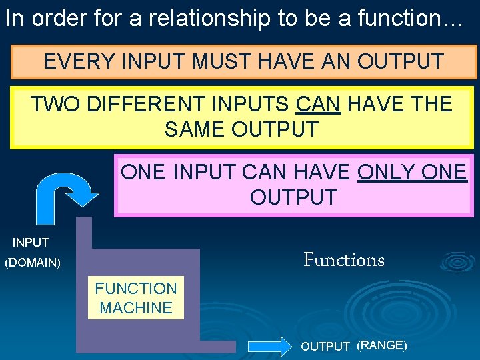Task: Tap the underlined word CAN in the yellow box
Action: point(317,105)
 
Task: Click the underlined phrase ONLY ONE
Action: point(412,173)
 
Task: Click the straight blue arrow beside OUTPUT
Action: point(270,346)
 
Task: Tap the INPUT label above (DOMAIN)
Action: point(31,243)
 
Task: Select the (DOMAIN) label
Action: point(33,263)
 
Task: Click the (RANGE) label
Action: point(382,345)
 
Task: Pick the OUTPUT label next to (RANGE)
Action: point(325,347)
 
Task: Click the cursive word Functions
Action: point(344,259)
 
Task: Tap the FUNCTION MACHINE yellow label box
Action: point(136,298)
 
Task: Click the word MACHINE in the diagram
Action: point(136,308)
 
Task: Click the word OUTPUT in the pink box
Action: point(293,197)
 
